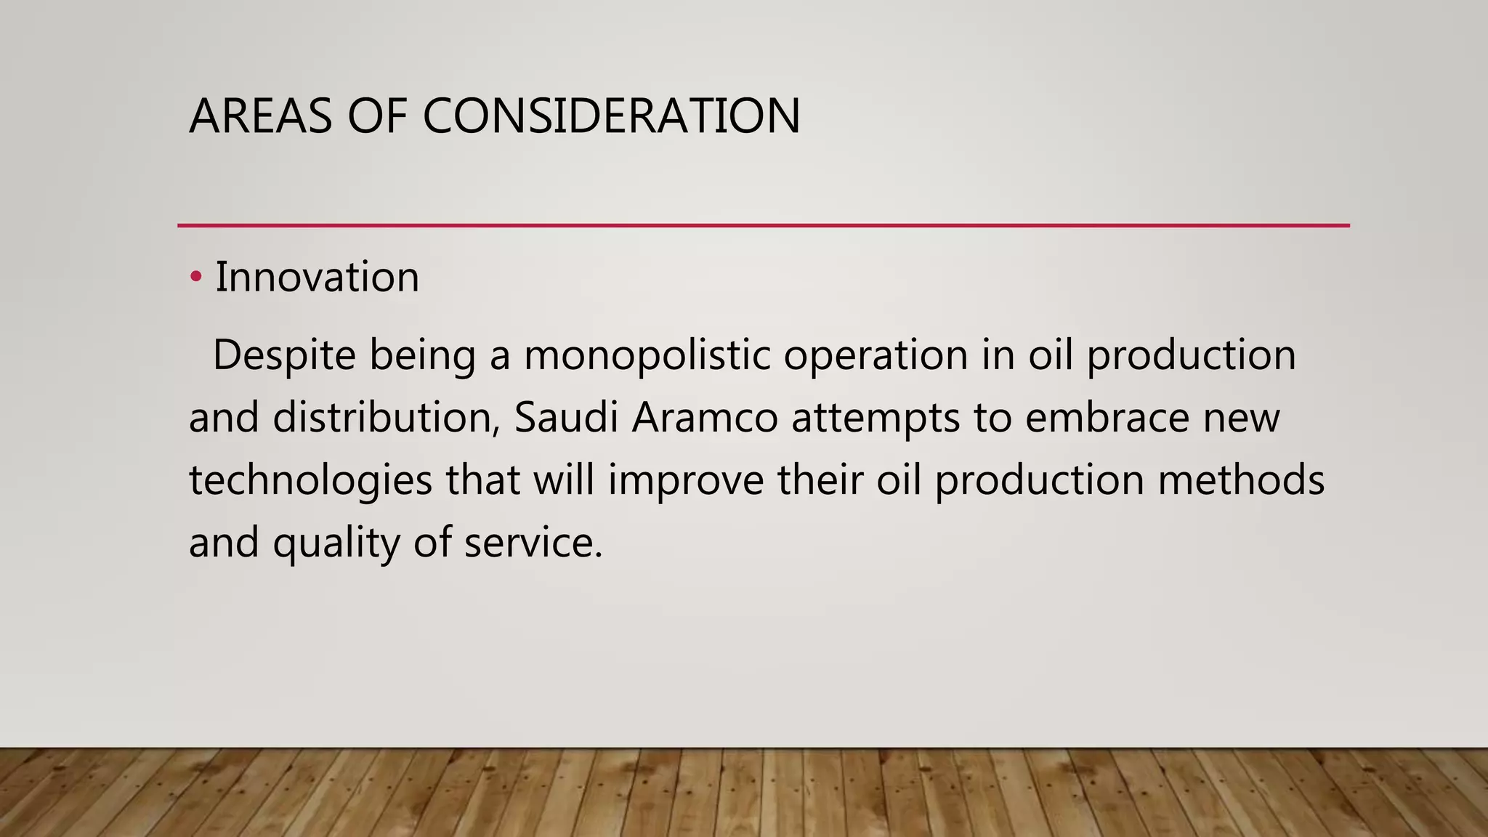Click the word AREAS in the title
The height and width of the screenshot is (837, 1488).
(x=260, y=116)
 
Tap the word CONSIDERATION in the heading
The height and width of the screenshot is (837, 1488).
(x=611, y=116)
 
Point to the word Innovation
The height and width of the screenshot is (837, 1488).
(x=317, y=277)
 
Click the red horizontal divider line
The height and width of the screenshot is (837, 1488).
(x=763, y=225)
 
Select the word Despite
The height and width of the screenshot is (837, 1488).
(x=284, y=355)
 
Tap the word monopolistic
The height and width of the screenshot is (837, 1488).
(x=647, y=355)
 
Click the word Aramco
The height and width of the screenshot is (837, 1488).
(x=704, y=418)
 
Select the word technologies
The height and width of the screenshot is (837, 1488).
(x=310, y=481)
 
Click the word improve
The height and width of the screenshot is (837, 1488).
(x=685, y=481)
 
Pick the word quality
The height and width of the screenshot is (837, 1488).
(x=336, y=543)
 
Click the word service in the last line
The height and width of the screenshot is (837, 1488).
(x=533, y=543)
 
